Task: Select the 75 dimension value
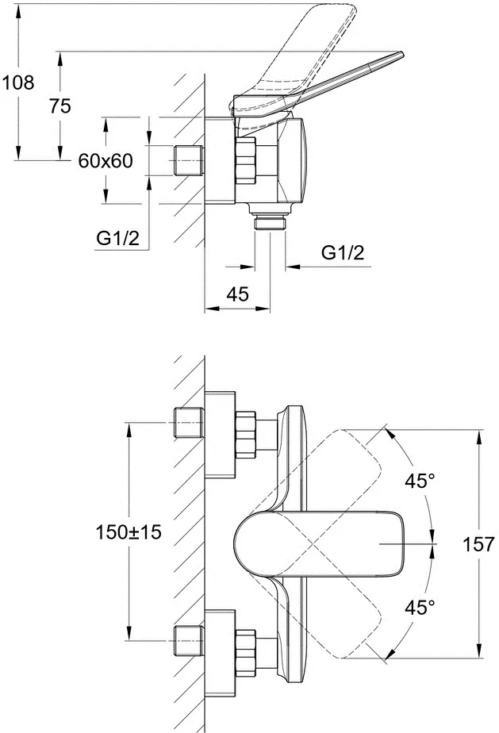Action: [59, 107]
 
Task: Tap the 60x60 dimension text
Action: [106, 161]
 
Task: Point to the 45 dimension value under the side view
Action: [237, 294]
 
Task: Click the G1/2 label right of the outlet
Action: [343, 254]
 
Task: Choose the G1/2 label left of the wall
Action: [118, 237]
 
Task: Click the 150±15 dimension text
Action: [129, 532]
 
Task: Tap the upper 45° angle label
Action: [420, 482]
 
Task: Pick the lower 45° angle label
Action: [420, 608]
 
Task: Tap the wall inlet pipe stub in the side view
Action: [189, 161]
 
